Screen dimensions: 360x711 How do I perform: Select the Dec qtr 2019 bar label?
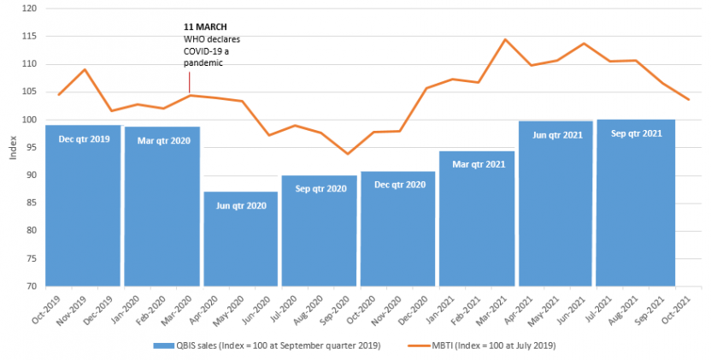(83, 139)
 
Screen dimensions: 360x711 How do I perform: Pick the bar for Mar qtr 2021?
(477, 222)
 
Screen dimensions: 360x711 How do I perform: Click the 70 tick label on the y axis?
(32, 286)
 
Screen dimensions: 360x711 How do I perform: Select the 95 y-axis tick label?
(32, 147)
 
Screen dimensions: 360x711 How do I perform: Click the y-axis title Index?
(12, 147)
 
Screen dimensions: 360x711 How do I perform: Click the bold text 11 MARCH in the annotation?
(205, 27)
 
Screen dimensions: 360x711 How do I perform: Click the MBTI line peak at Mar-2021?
(505, 39)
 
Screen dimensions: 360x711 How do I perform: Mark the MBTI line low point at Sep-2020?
(347, 154)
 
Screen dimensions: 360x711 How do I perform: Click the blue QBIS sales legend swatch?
(158, 345)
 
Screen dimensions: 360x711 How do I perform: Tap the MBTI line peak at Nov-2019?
(85, 69)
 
